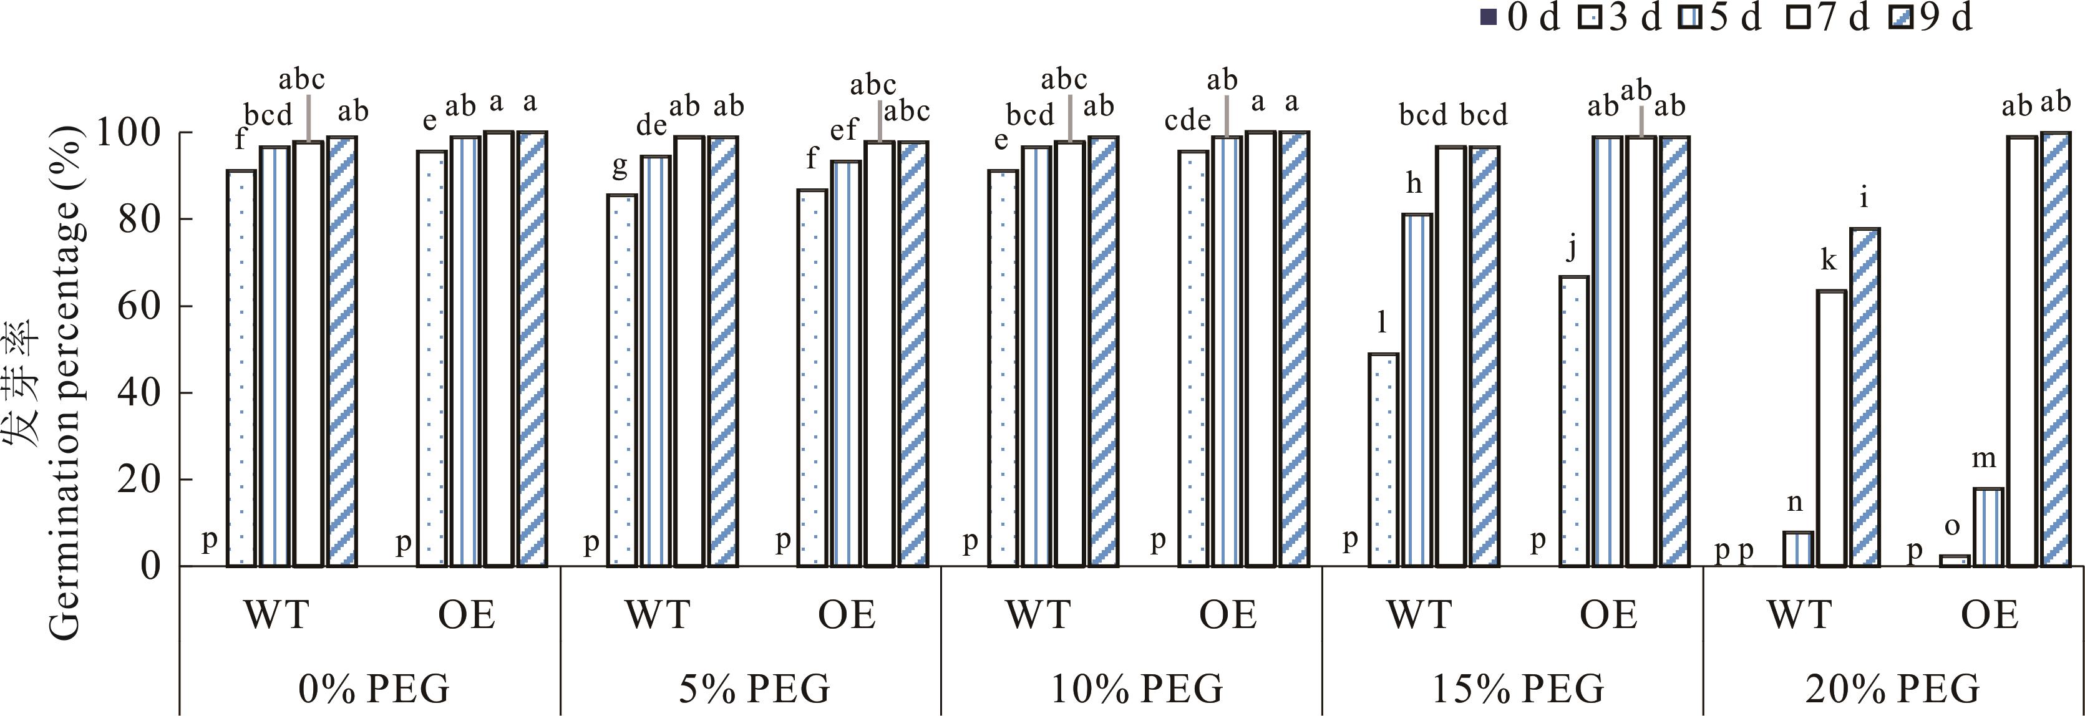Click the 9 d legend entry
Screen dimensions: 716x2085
click(x=1938, y=18)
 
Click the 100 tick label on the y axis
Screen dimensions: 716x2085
click(x=130, y=133)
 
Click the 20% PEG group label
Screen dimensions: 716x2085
click(x=1892, y=689)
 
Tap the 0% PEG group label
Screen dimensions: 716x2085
click(x=373, y=689)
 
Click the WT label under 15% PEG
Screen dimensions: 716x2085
click(x=1419, y=615)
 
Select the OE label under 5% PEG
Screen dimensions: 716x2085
click(x=847, y=615)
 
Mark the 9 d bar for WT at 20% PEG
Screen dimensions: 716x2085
click(x=1865, y=397)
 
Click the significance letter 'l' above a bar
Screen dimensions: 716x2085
click(x=1383, y=323)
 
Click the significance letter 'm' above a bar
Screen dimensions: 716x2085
click(x=1983, y=458)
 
